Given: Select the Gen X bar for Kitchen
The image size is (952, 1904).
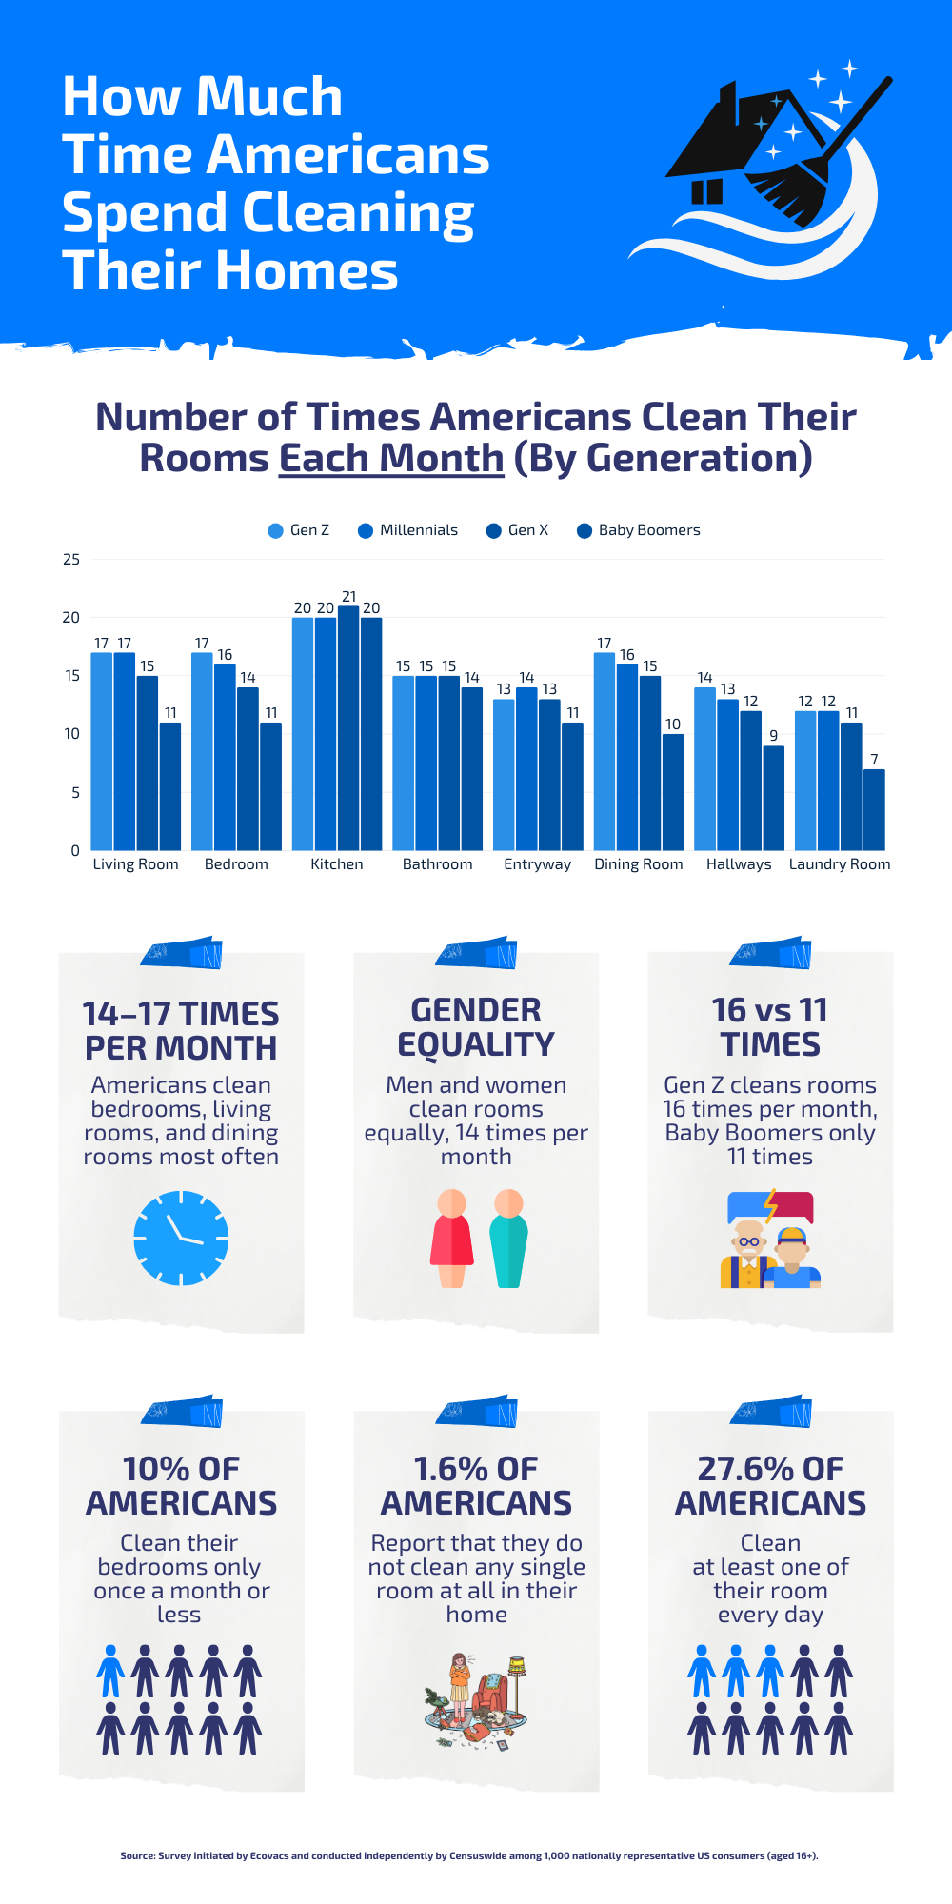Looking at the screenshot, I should pyautogui.click(x=348, y=728).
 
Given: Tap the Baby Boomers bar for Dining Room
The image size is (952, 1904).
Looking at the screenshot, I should pyautogui.click(x=673, y=792).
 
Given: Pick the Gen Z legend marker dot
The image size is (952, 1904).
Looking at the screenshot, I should pyautogui.click(x=276, y=531).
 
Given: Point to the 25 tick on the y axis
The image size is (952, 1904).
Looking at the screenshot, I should pyautogui.click(x=71, y=559).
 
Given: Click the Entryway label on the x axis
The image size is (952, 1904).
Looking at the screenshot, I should pyautogui.click(x=538, y=864).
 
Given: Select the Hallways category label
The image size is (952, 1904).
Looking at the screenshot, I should pyautogui.click(x=739, y=864).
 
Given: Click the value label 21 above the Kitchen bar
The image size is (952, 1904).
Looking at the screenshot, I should pyautogui.click(x=348, y=596).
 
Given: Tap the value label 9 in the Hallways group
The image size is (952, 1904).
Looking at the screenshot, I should pyautogui.click(x=774, y=735).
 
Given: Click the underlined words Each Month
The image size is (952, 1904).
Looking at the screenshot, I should pyautogui.click(x=391, y=458).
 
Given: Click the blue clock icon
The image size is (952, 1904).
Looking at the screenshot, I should pyautogui.click(x=181, y=1238).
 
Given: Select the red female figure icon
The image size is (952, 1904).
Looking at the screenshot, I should pyautogui.click(x=452, y=1238).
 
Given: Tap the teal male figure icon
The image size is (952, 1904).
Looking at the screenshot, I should pyautogui.click(x=509, y=1238).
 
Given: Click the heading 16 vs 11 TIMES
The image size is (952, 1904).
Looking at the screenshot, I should pyautogui.click(x=770, y=1027).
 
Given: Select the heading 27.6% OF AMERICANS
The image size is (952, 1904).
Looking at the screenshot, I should pyautogui.click(x=770, y=1485).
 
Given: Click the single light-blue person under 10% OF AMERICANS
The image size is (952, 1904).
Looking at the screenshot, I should pyautogui.click(x=110, y=1671).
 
